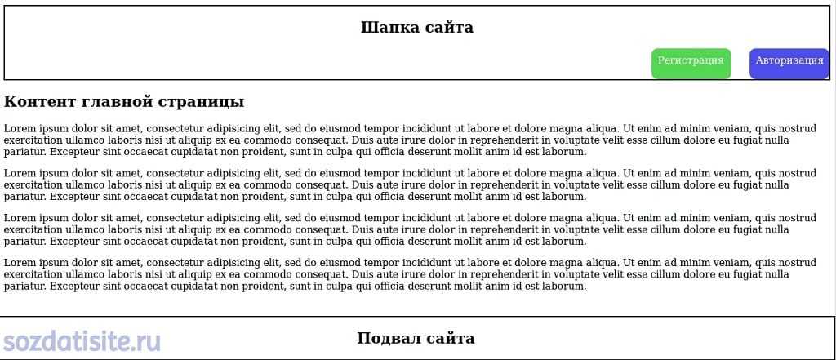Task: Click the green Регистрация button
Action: click(x=691, y=62)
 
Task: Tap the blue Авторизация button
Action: click(x=789, y=62)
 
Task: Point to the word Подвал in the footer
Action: click(x=388, y=339)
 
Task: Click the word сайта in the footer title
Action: click(x=449, y=339)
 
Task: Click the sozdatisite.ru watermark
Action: click(x=81, y=342)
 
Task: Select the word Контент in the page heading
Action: click(x=40, y=102)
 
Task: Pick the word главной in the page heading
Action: click(x=119, y=102)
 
